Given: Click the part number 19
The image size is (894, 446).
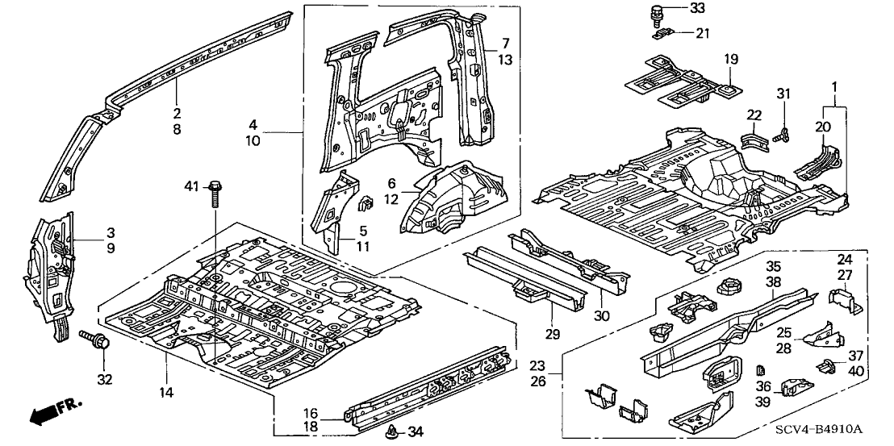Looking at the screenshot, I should [x=731, y=59].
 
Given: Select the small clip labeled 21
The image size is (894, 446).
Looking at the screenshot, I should [x=667, y=33].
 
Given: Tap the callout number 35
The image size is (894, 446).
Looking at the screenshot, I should [x=773, y=265].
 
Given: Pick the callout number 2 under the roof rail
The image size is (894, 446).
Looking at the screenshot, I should [x=176, y=113].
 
